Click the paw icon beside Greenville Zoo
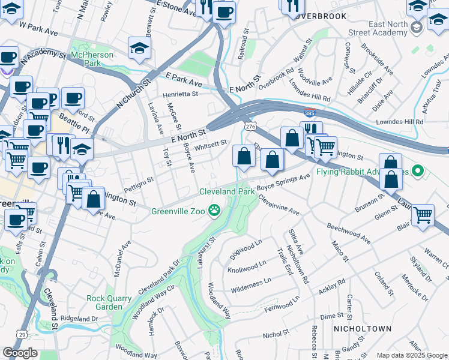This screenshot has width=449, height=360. tap(214, 210)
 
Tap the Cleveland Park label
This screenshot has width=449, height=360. tap(227, 191)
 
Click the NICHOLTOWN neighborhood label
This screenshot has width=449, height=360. tap(362, 329)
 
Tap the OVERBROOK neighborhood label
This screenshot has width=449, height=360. tap(321, 16)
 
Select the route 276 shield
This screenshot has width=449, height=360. tap(250, 125)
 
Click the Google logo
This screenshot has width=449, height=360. tap(20, 353)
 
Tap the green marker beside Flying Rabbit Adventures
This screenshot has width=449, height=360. tap(420, 172)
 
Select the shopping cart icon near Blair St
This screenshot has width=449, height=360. tap(423, 214)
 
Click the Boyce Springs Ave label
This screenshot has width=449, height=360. tap(283, 182)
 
